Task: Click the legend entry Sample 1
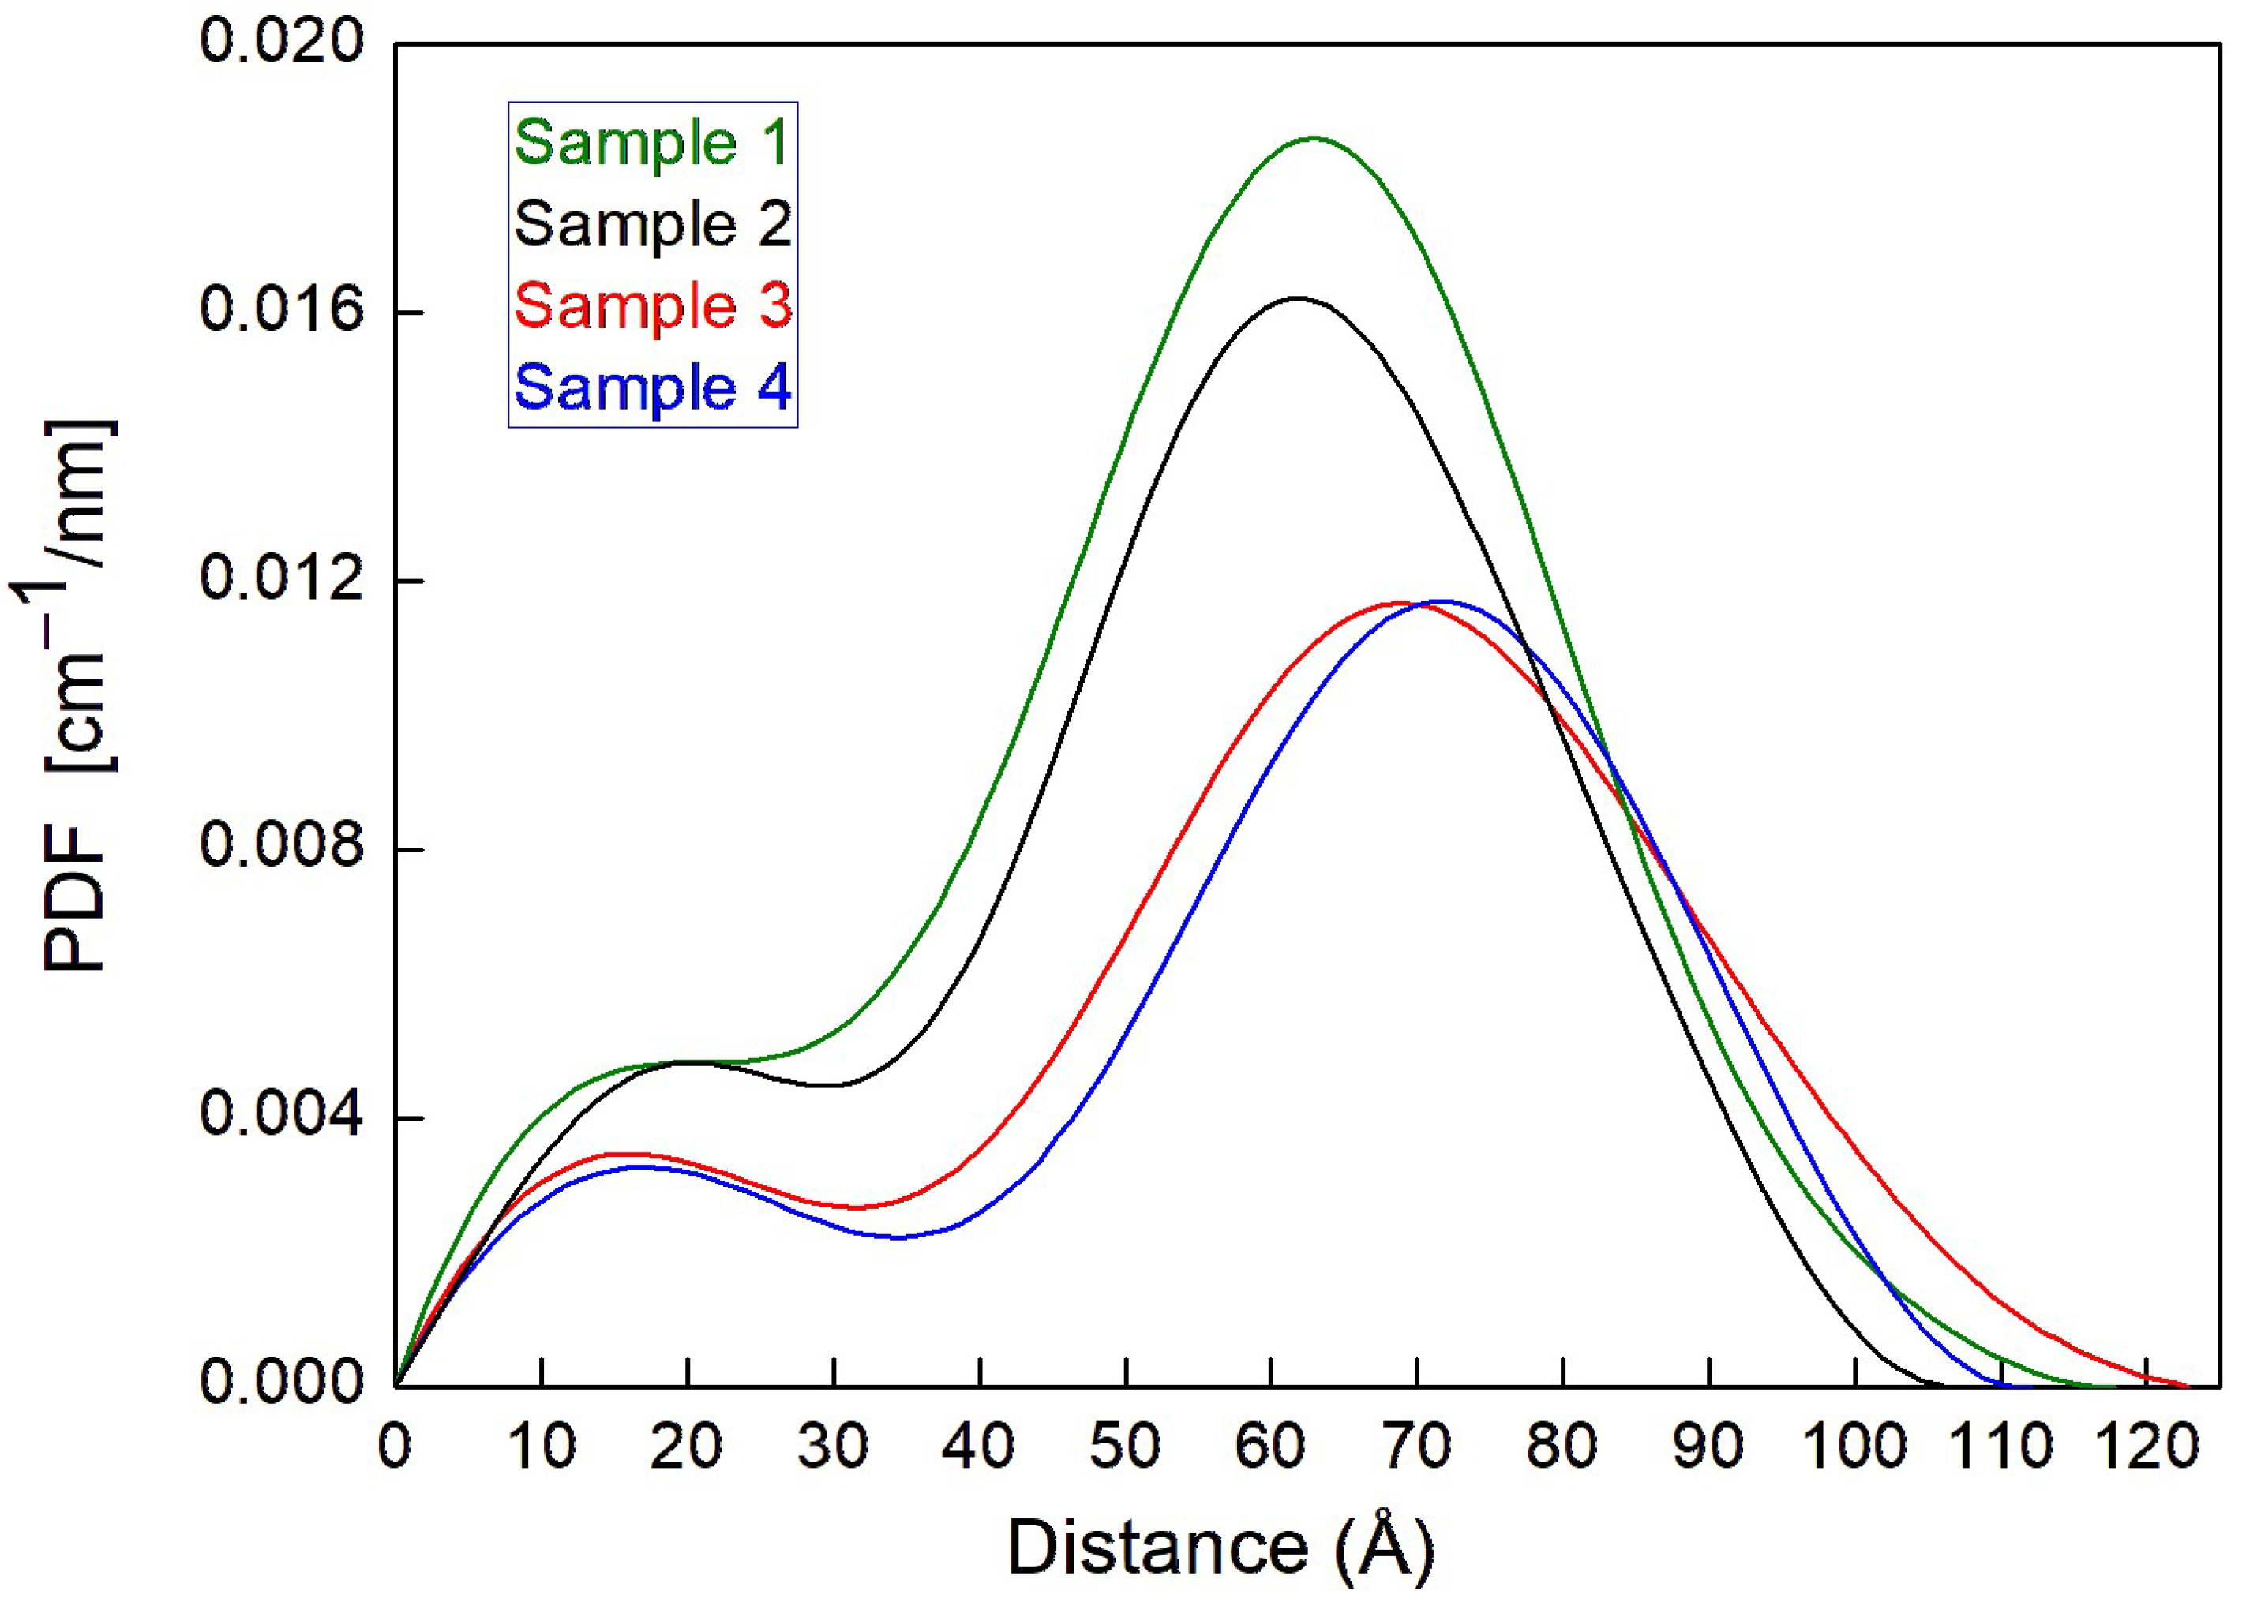[x=651, y=144]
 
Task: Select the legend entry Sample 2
[x=651, y=225]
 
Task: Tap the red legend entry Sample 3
[x=651, y=306]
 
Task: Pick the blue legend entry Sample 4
[x=651, y=387]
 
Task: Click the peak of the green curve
[x=1314, y=138]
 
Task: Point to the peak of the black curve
[x=1296, y=297]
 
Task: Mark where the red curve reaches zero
[x=2187, y=1385]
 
